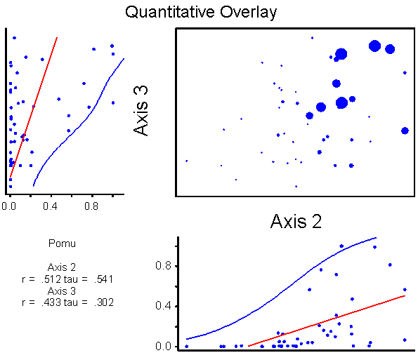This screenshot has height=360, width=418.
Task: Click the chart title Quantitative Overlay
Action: (201, 13)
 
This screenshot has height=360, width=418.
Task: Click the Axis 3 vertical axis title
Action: (141, 110)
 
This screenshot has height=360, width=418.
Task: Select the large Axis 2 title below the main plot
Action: (296, 221)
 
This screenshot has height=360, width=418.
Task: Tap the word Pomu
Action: (62, 244)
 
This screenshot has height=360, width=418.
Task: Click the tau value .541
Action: (103, 279)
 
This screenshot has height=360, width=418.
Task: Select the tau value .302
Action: (104, 302)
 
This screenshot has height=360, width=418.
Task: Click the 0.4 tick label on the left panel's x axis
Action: (50, 206)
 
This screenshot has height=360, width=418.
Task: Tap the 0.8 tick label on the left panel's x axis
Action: (91, 206)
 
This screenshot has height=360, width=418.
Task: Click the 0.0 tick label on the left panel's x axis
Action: (9, 206)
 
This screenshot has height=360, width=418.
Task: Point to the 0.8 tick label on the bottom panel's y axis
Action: (163, 266)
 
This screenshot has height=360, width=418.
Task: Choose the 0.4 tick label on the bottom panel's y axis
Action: (163, 306)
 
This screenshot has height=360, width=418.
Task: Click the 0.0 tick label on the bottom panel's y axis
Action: (163, 346)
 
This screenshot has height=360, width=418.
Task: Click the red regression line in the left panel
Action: (34, 107)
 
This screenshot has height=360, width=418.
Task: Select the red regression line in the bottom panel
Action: (327, 321)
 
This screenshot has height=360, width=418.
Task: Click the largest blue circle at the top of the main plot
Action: (374, 46)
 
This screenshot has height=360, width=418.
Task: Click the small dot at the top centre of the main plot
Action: (312, 38)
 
